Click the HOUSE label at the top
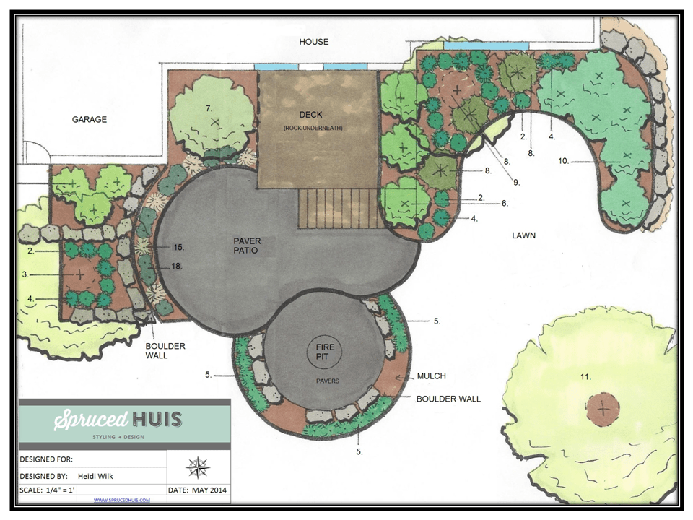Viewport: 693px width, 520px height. click(x=314, y=42)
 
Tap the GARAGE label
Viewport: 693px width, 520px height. click(x=89, y=119)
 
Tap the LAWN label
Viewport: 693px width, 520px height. click(x=525, y=235)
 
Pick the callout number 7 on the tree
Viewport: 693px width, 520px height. click(x=209, y=108)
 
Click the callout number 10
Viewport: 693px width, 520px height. click(x=564, y=160)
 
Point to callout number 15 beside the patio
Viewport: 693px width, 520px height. click(x=178, y=246)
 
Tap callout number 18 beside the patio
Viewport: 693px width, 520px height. click(x=177, y=266)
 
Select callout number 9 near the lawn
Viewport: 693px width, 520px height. click(x=516, y=183)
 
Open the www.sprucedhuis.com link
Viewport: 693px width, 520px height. click(x=121, y=500)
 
